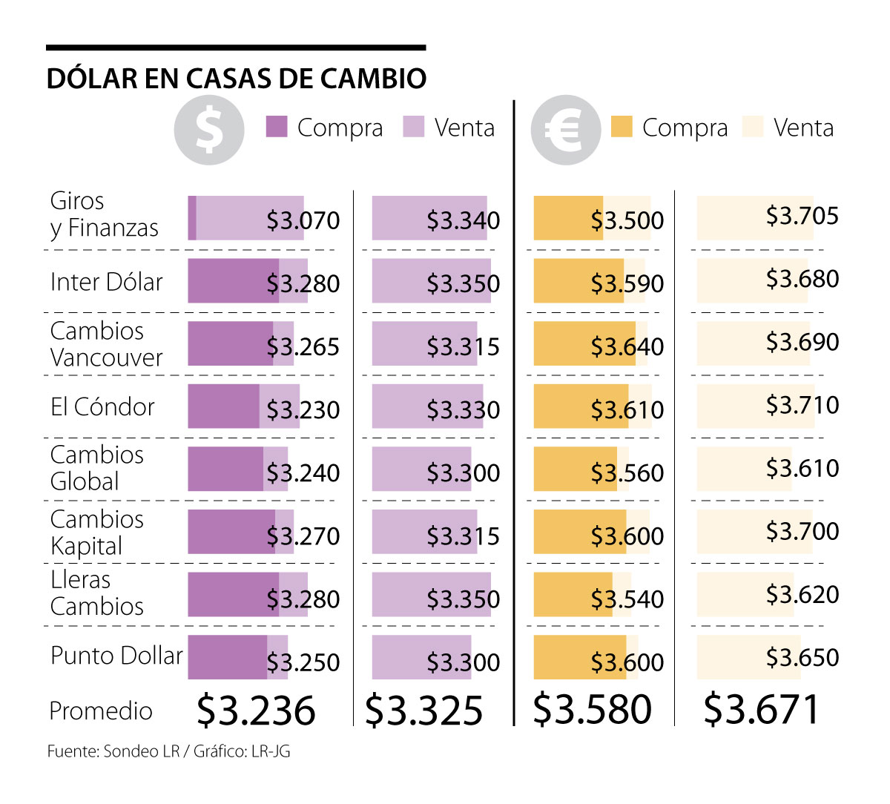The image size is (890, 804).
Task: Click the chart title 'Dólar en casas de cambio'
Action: [236, 79]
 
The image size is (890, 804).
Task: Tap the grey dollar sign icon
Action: [209, 130]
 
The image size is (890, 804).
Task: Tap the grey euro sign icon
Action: [565, 130]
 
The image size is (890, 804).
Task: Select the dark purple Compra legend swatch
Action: [277, 127]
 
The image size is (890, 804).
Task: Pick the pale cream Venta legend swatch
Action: [753, 127]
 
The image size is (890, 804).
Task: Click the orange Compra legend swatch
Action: [622, 127]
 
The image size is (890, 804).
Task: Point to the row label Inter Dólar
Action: [106, 282]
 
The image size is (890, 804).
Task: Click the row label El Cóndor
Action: [102, 406]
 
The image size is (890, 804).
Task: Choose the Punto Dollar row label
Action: [116, 656]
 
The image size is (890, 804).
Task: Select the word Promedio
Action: [101, 711]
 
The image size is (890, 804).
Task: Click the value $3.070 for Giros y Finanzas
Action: [303, 220]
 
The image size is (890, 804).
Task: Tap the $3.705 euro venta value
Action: [802, 216]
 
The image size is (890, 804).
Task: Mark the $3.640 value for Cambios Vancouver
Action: [627, 346]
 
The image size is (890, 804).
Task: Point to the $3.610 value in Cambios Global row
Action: [802, 468]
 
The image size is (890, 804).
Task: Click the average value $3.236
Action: [256, 710]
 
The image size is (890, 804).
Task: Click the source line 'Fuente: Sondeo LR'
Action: [113, 751]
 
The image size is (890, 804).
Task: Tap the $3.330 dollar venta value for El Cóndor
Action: [463, 409]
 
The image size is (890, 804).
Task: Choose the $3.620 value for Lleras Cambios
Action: [802, 594]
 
